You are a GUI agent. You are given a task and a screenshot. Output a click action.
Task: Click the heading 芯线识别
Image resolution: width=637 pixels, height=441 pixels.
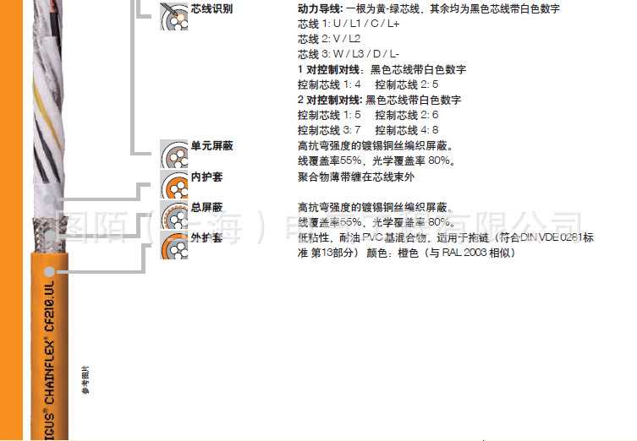pos(212,8)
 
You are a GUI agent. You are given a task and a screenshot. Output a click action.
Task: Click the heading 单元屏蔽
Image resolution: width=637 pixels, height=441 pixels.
pos(212,146)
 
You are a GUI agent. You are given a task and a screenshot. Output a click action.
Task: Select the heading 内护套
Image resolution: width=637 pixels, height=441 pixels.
pos(207,177)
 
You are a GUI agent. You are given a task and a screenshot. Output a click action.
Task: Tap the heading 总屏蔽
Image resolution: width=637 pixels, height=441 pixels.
pos(207,207)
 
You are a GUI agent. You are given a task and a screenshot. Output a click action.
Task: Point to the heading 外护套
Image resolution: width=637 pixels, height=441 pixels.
pos(207,237)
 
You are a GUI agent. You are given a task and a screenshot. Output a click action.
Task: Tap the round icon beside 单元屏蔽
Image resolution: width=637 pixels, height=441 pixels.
pos(174,154)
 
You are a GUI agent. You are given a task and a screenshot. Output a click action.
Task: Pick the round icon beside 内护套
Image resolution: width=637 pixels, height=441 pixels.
pos(174,184)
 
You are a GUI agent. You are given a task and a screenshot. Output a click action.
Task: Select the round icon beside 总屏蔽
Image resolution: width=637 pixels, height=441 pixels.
pos(174,215)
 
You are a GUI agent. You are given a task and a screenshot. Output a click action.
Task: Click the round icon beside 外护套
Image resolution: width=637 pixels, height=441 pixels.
pos(174,246)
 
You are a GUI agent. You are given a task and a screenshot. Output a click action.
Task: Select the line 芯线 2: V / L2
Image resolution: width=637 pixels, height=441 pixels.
pos(329,39)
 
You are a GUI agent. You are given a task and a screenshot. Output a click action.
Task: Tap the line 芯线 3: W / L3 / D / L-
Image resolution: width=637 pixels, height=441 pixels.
pos(348,54)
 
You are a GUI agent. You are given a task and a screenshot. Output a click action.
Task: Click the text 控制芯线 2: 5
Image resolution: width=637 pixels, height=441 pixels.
pos(407,84)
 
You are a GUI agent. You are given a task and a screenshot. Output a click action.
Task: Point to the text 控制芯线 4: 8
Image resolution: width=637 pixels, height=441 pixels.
pos(407,130)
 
